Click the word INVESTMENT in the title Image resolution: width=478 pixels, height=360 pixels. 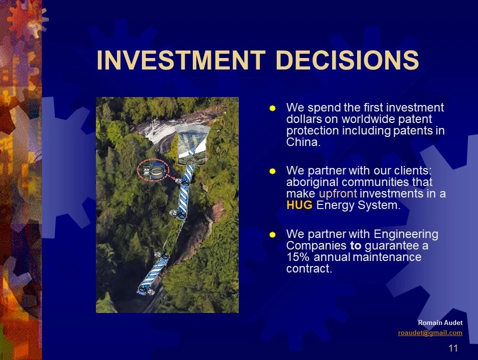coord(181,59)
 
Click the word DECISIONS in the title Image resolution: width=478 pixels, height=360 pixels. coord(347,59)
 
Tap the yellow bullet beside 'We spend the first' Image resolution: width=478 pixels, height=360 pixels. coord(273,108)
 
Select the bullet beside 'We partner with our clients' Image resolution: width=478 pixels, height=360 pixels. coord(273,171)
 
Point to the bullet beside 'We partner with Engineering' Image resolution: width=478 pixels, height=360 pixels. coord(273,234)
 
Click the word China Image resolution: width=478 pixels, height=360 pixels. coord(303,142)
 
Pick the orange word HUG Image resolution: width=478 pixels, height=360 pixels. coord(299,205)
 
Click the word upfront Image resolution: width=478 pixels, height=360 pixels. coord(338,194)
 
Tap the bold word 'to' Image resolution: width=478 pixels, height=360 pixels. coord(356,245)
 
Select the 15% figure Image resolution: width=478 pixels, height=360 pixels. coord(298,257)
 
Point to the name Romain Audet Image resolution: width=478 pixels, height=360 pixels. coord(440,322)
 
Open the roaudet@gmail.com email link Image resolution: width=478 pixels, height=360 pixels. coord(430,332)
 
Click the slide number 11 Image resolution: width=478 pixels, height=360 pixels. coord(454,348)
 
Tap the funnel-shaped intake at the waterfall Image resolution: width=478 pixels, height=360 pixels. coord(193,144)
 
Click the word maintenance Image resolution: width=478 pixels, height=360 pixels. coord(387,257)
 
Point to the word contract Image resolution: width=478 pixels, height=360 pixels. coord(309,268)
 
